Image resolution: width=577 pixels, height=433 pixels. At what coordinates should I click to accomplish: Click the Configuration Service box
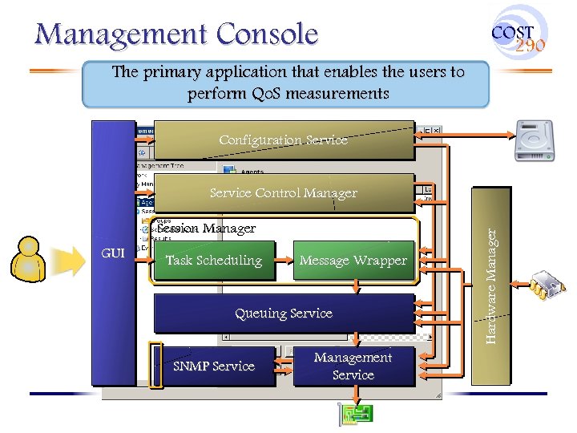click(x=284, y=140)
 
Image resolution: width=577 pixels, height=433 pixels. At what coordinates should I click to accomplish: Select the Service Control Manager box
click(x=284, y=193)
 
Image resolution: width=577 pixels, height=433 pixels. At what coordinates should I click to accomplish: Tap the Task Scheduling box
click(x=213, y=261)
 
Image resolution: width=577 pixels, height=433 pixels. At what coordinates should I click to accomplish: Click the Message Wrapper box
click(x=353, y=261)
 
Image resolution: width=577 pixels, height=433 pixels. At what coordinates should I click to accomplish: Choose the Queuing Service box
click(x=284, y=314)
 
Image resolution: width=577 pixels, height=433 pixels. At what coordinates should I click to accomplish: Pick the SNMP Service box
click(x=214, y=366)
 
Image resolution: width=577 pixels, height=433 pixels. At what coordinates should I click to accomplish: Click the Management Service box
click(x=353, y=366)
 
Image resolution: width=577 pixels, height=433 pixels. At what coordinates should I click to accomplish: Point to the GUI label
click(x=113, y=253)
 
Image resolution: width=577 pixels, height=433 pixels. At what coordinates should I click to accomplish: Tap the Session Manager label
click(x=207, y=229)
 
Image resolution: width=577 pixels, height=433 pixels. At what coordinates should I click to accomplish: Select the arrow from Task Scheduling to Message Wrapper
click(x=284, y=261)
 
